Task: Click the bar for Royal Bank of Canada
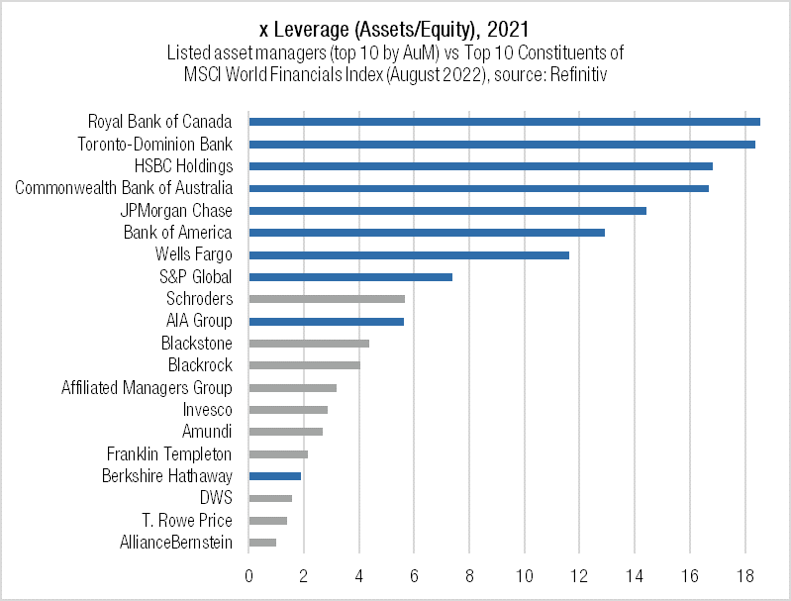click(504, 122)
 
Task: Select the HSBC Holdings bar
click(480, 166)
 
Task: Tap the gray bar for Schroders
click(327, 299)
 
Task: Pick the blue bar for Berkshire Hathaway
click(274, 476)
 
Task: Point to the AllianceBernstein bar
click(262, 543)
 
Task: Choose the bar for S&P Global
click(350, 277)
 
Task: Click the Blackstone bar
click(309, 344)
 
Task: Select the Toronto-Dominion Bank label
click(155, 145)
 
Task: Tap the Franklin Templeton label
click(169, 454)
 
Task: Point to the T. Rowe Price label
click(187, 521)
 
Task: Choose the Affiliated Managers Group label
click(147, 388)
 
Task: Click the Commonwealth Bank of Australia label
click(124, 188)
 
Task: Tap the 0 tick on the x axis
click(248, 575)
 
